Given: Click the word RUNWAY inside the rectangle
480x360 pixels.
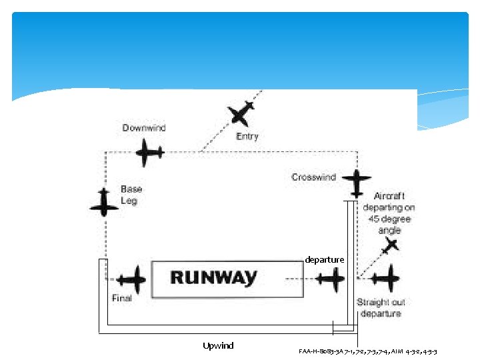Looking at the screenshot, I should click(213, 278).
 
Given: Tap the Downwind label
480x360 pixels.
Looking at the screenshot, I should click(144, 128).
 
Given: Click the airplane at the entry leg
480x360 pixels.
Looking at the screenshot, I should click(241, 114).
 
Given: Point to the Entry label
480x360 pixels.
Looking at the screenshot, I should click(247, 137).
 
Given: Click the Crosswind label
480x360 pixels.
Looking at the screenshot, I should click(313, 177).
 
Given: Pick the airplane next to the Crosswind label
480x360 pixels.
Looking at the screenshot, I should click(357, 183).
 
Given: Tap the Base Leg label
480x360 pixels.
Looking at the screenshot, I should click(131, 195).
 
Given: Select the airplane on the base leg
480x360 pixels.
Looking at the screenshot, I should click(104, 203).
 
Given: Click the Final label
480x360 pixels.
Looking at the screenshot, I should click(121, 298).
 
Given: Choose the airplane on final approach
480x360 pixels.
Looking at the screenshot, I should click(131, 280).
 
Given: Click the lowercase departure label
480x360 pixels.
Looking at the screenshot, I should click(325, 259).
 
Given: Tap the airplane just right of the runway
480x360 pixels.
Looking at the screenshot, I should click(330, 279).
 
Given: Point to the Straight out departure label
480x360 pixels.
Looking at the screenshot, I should click(381, 307).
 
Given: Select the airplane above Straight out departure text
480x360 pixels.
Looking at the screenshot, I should click(385, 279).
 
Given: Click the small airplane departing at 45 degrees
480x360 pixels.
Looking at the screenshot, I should click(390, 246).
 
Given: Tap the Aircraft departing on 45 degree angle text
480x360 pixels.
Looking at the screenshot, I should click(389, 213).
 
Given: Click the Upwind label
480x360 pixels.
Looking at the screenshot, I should click(218, 345).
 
